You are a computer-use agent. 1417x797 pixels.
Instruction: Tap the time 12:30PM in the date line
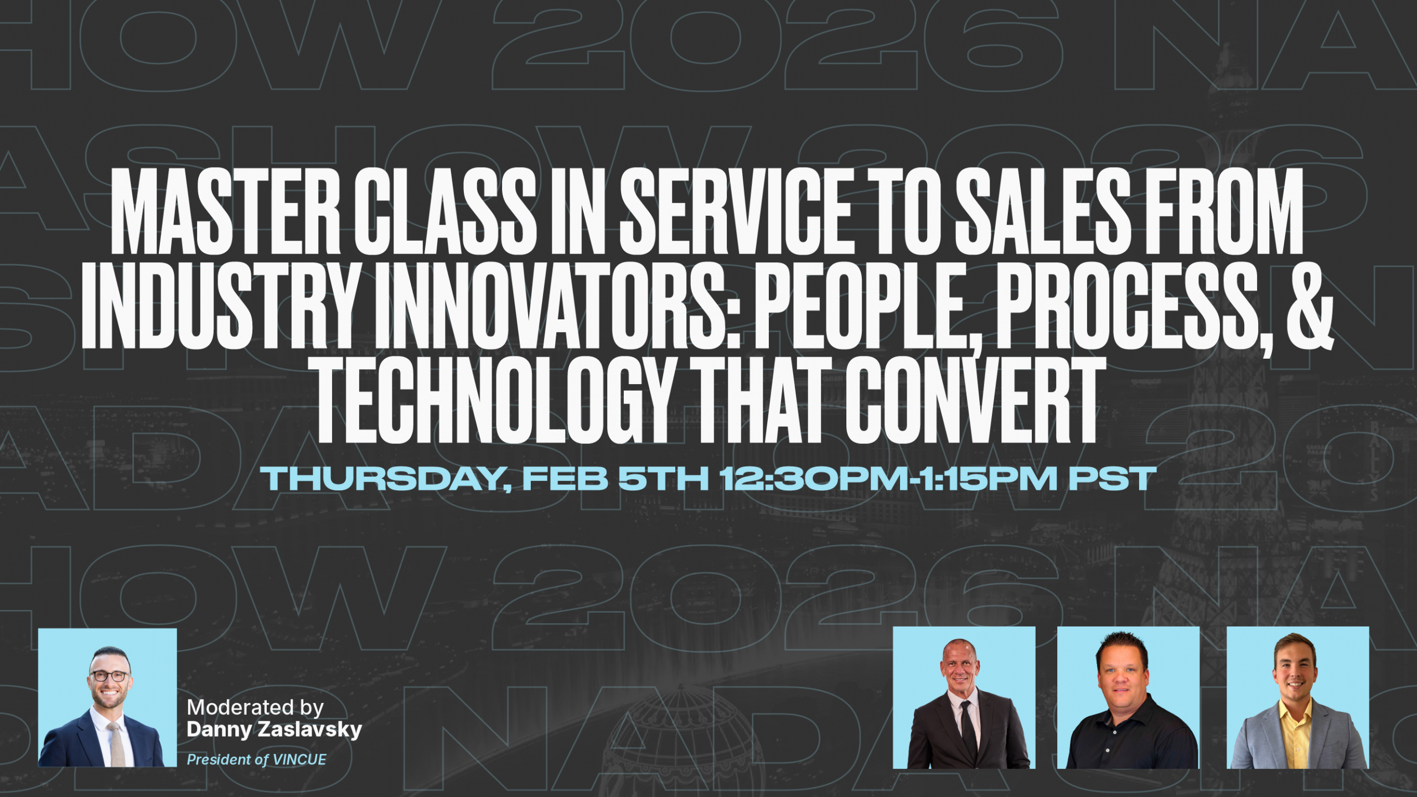tap(814, 479)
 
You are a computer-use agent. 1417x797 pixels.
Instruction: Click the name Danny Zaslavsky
tap(275, 729)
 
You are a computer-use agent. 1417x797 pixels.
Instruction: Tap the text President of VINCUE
tap(257, 760)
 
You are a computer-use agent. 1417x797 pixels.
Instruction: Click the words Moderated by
tap(255, 707)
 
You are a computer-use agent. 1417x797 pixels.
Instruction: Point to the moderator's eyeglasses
tap(110, 676)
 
